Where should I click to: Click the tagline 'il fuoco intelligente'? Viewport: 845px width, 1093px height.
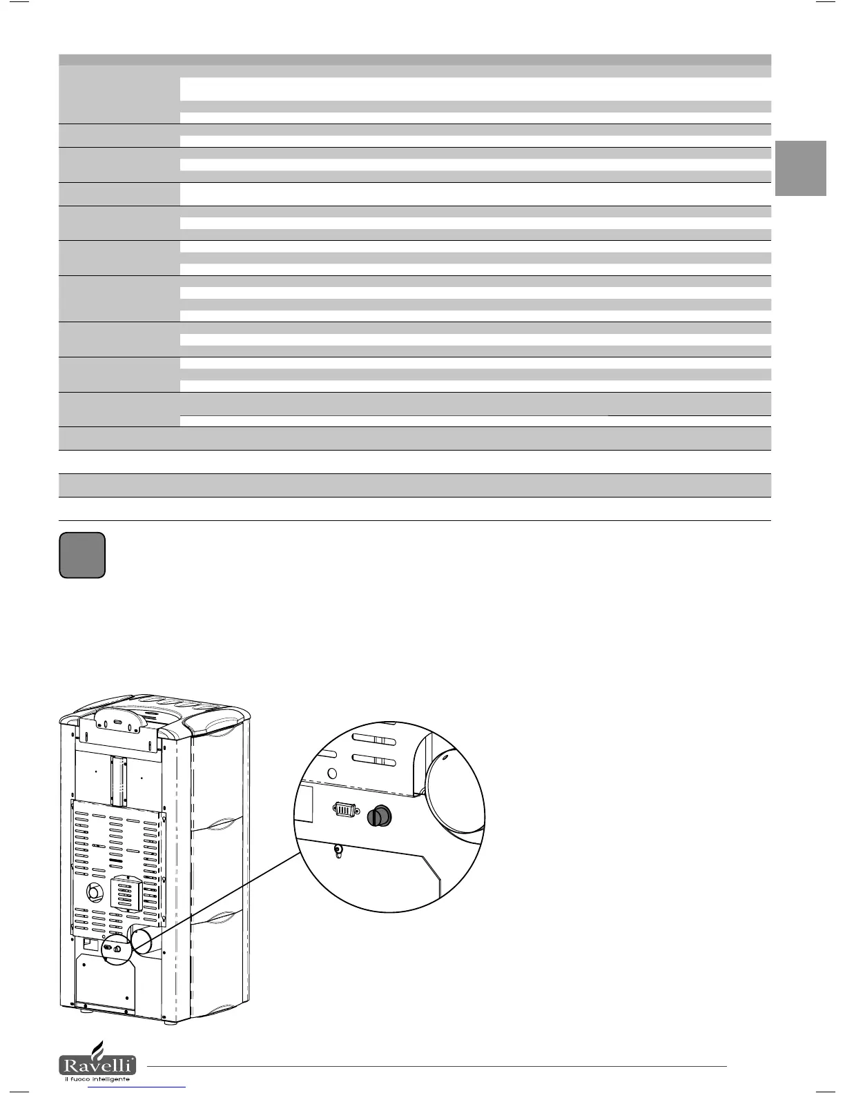97,1079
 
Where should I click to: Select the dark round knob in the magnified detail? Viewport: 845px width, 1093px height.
378,817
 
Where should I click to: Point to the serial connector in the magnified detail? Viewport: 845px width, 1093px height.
346,809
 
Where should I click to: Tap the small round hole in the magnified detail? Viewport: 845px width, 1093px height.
332,774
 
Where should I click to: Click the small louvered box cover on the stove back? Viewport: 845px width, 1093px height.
125,894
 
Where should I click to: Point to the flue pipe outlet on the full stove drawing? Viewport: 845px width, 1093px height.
141,943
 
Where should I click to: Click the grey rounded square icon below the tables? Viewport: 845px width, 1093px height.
82,554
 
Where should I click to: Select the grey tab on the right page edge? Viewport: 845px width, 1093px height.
800,168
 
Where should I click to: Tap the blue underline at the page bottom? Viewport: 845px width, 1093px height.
137,1087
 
